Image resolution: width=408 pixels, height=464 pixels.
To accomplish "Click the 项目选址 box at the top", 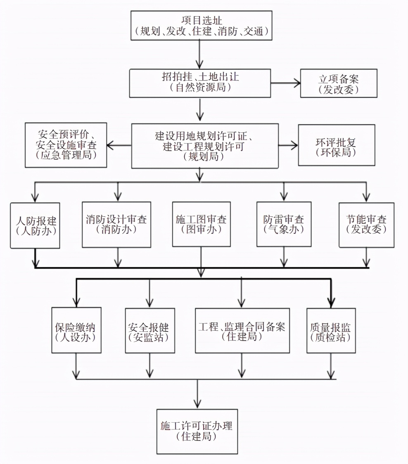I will coord(201,25).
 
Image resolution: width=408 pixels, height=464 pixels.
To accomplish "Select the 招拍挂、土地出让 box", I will coord(200,83).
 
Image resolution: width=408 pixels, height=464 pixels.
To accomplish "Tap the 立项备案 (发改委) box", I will coord(338,83).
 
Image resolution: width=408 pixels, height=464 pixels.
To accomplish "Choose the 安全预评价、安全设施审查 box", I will coord(66,145).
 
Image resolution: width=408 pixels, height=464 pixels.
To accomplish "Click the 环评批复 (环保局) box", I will coord(336,145).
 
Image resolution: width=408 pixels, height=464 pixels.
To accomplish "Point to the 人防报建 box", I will coord(36,225).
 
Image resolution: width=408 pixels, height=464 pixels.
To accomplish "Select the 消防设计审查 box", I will coord(116,225).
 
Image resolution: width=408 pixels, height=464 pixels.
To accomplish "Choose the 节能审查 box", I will coord(366,225).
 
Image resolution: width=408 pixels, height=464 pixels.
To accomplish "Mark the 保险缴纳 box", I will coord(76,330).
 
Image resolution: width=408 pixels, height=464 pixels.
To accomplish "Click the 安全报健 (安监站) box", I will coord(149,330).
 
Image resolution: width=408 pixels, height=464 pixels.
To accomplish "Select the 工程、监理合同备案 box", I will coord(242,330).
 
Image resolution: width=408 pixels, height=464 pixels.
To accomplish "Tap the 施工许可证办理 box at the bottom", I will coord(197,431).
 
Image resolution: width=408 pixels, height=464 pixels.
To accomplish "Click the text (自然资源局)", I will coord(200,88).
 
